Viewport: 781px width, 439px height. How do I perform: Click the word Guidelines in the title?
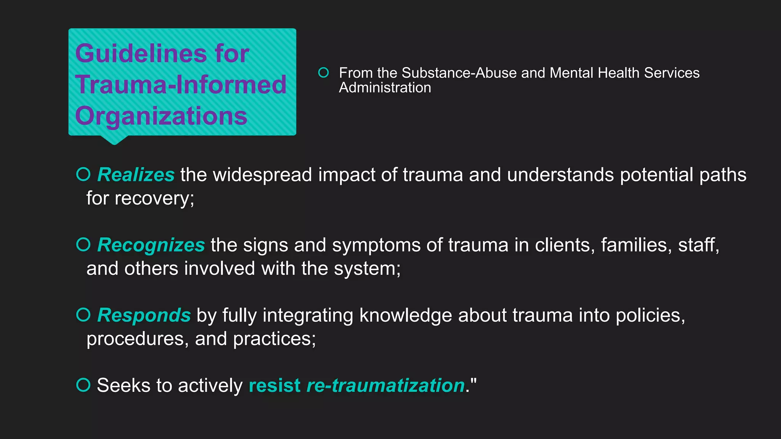pos(141,53)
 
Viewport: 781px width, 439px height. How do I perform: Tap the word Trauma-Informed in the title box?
pos(181,85)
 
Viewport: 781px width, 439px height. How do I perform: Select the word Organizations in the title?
pos(161,116)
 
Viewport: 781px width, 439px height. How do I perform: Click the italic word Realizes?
pos(136,175)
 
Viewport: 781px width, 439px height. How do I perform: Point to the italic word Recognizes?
pos(151,245)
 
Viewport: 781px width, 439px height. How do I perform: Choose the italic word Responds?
pos(144,315)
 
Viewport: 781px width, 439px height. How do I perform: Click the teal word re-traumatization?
pos(386,385)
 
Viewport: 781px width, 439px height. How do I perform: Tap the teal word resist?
pos(274,385)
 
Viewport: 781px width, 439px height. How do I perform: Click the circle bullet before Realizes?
pos(83,174)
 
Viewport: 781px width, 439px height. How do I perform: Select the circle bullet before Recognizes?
pos(83,244)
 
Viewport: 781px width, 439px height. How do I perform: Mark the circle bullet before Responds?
pos(83,315)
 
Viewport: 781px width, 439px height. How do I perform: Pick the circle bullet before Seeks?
pos(83,385)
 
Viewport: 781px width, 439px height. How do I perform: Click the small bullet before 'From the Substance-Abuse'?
pos(323,72)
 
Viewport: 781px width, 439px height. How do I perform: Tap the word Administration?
pos(385,88)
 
